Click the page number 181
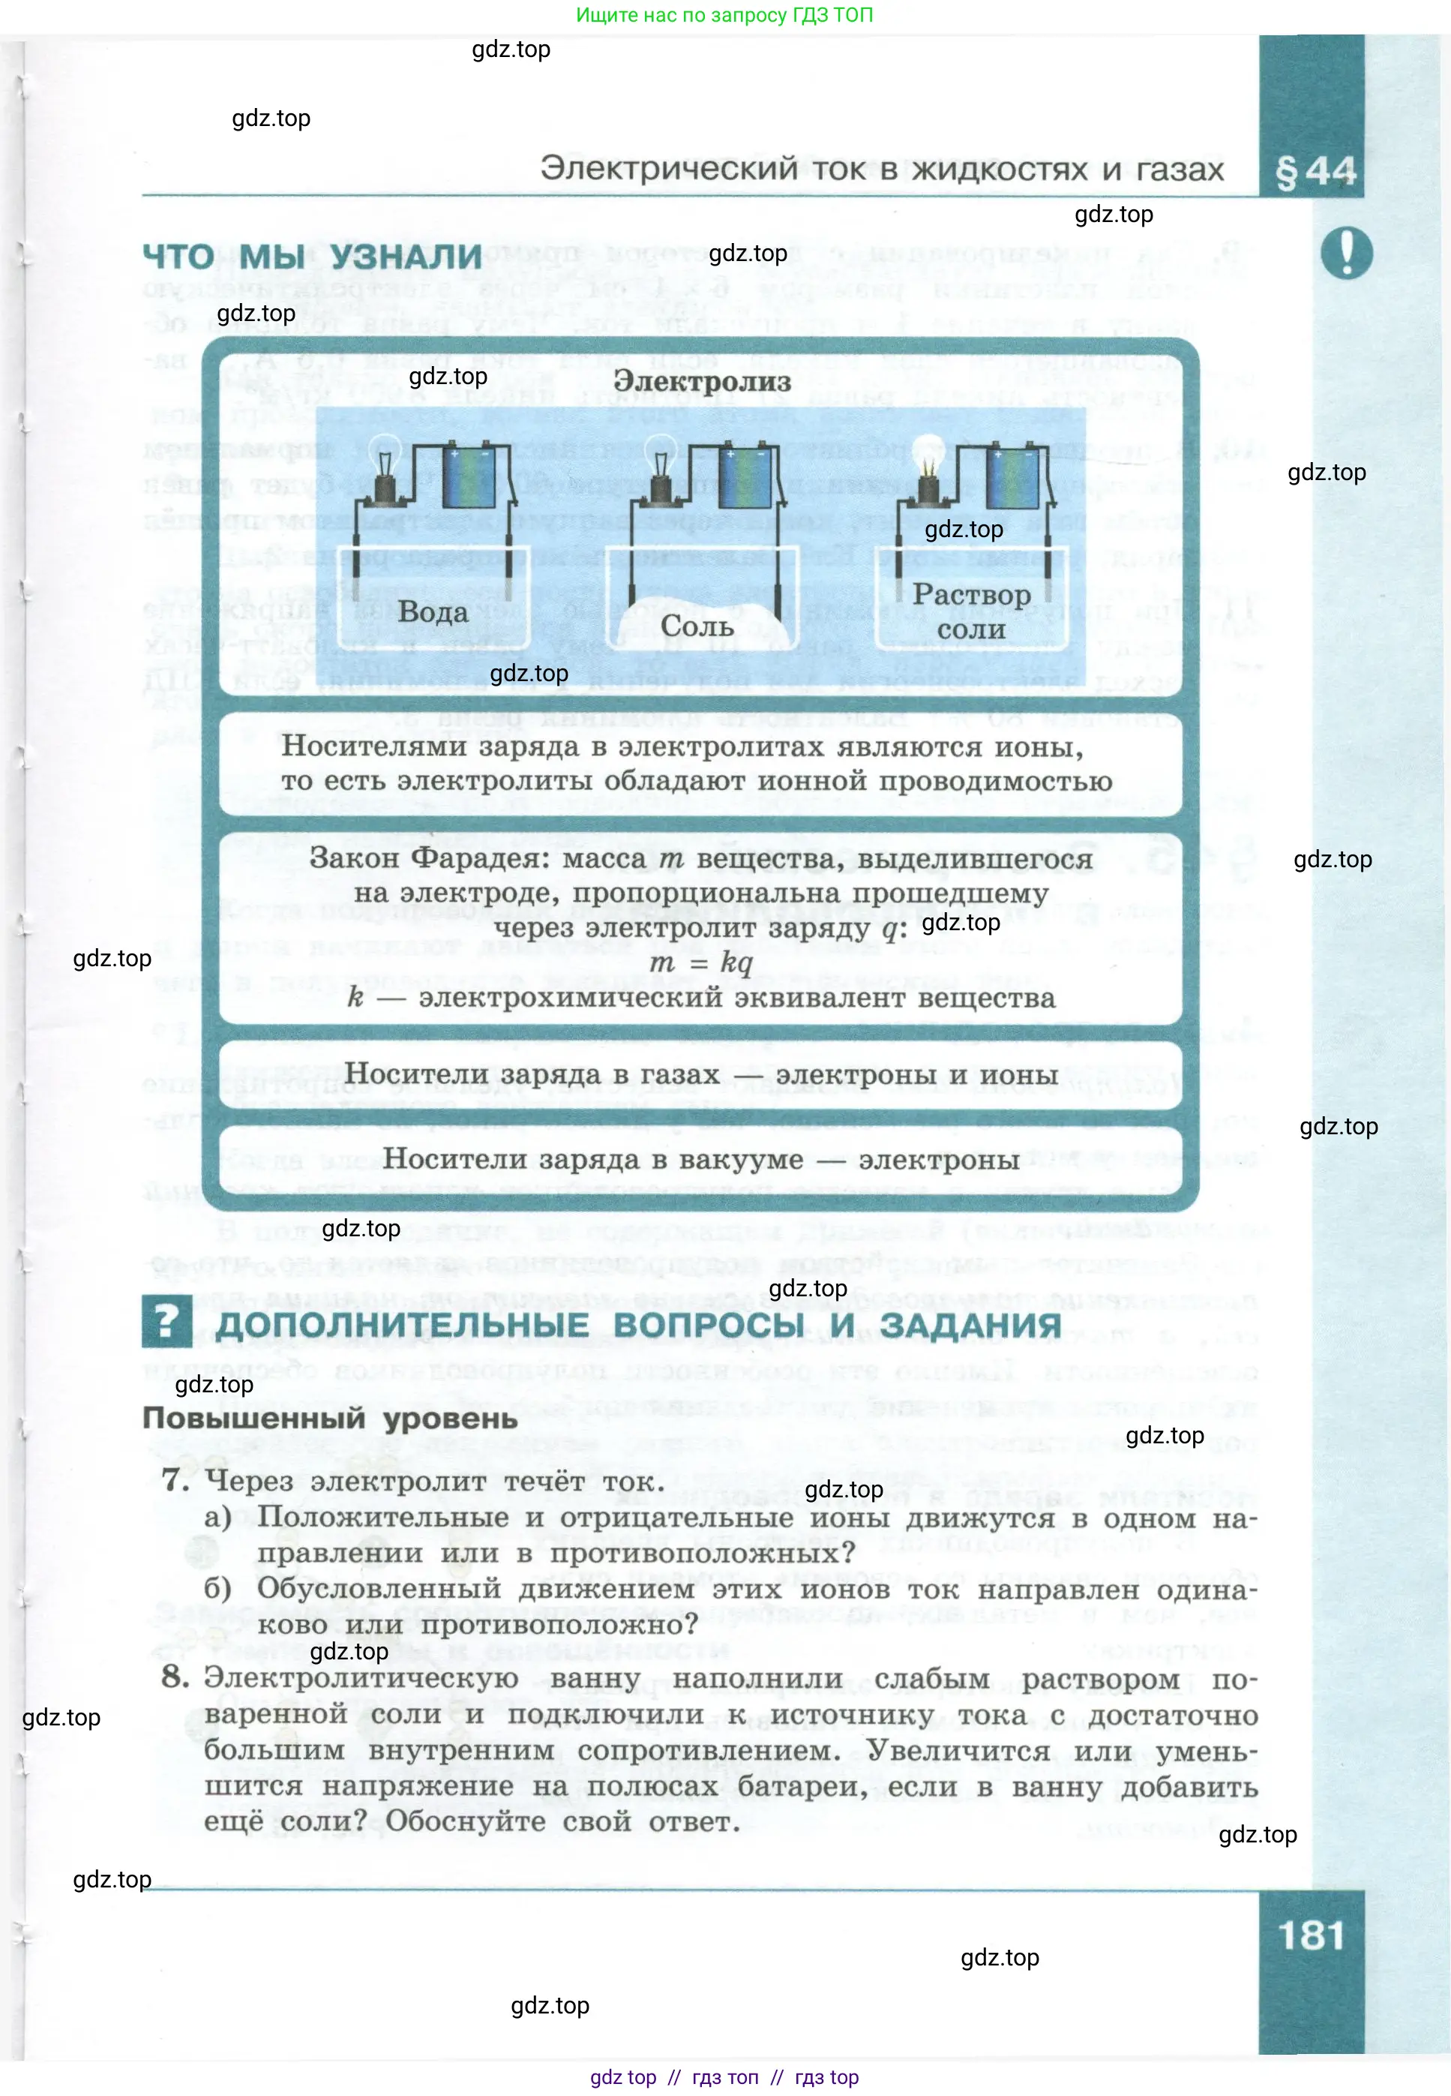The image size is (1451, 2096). pyautogui.click(x=1310, y=1935)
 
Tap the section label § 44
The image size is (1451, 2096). pyautogui.click(x=1315, y=171)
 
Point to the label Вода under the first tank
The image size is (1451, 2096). pyautogui.click(x=433, y=611)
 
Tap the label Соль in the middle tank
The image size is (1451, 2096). pyautogui.click(x=697, y=626)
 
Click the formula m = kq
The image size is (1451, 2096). pyautogui.click(x=701, y=962)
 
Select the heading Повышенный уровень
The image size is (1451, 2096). pyautogui.click(x=329, y=1418)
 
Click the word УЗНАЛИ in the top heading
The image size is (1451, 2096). pyautogui.click(x=406, y=257)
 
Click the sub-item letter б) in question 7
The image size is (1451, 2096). pyautogui.click(x=218, y=1589)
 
